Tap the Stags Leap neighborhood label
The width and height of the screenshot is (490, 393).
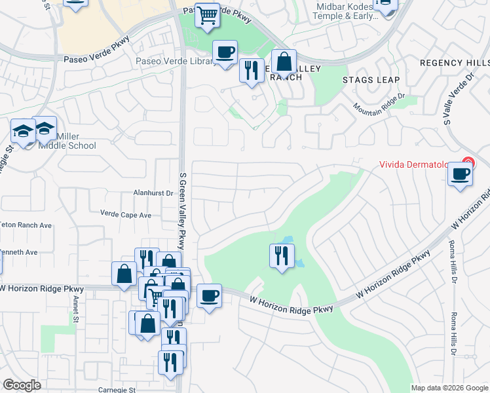point(368,79)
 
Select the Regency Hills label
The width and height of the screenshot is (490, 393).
point(454,63)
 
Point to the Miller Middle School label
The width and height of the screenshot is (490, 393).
point(67,141)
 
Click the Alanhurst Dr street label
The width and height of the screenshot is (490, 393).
point(153,193)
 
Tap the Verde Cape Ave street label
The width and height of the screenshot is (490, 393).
point(125,214)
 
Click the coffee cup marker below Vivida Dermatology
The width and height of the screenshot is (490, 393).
point(461,174)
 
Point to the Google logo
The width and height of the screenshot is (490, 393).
point(22,385)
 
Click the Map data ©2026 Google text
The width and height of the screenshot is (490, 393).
point(449,388)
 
